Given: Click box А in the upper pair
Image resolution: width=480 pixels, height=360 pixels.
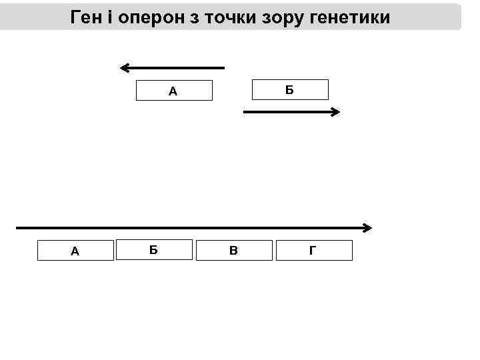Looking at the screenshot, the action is [x=174, y=91].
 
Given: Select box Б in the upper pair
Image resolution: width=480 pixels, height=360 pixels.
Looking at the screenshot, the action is [x=289, y=89].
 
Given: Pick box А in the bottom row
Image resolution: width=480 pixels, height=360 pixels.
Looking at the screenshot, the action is [x=75, y=251].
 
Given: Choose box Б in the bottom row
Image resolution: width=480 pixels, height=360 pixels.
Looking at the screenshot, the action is [x=154, y=249].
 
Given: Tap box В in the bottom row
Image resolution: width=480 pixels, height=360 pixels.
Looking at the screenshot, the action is [x=234, y=250].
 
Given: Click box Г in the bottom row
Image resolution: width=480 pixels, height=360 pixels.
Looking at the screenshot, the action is [x=313, y=250].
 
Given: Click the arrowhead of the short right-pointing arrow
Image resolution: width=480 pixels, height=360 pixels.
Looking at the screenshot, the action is [x=337, y=113].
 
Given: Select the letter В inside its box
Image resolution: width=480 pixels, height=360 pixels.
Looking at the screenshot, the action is [x=233, y=251].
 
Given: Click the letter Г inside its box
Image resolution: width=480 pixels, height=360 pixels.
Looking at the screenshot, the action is [x=313, y=251].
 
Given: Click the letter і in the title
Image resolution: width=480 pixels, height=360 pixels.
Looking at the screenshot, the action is [x=111, y=17].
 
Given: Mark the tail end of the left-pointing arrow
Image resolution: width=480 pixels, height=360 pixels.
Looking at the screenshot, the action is [x=224, y=67].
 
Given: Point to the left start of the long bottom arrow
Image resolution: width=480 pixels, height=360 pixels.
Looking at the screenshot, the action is [x=17, y=228].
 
